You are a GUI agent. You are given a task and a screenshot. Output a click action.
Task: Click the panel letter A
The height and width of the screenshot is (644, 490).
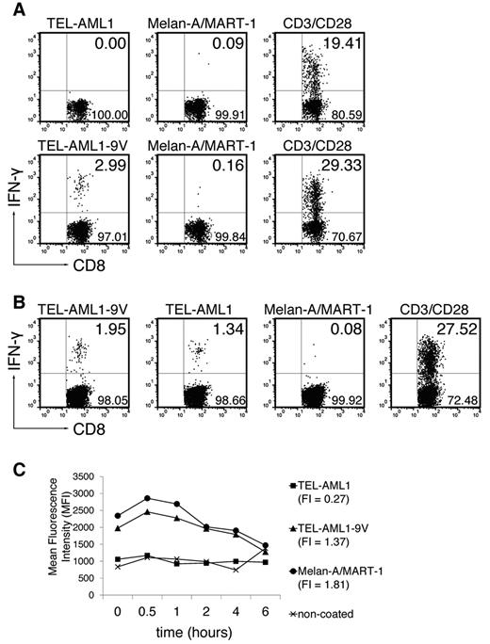pyautogui.click(x=9, y=9)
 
